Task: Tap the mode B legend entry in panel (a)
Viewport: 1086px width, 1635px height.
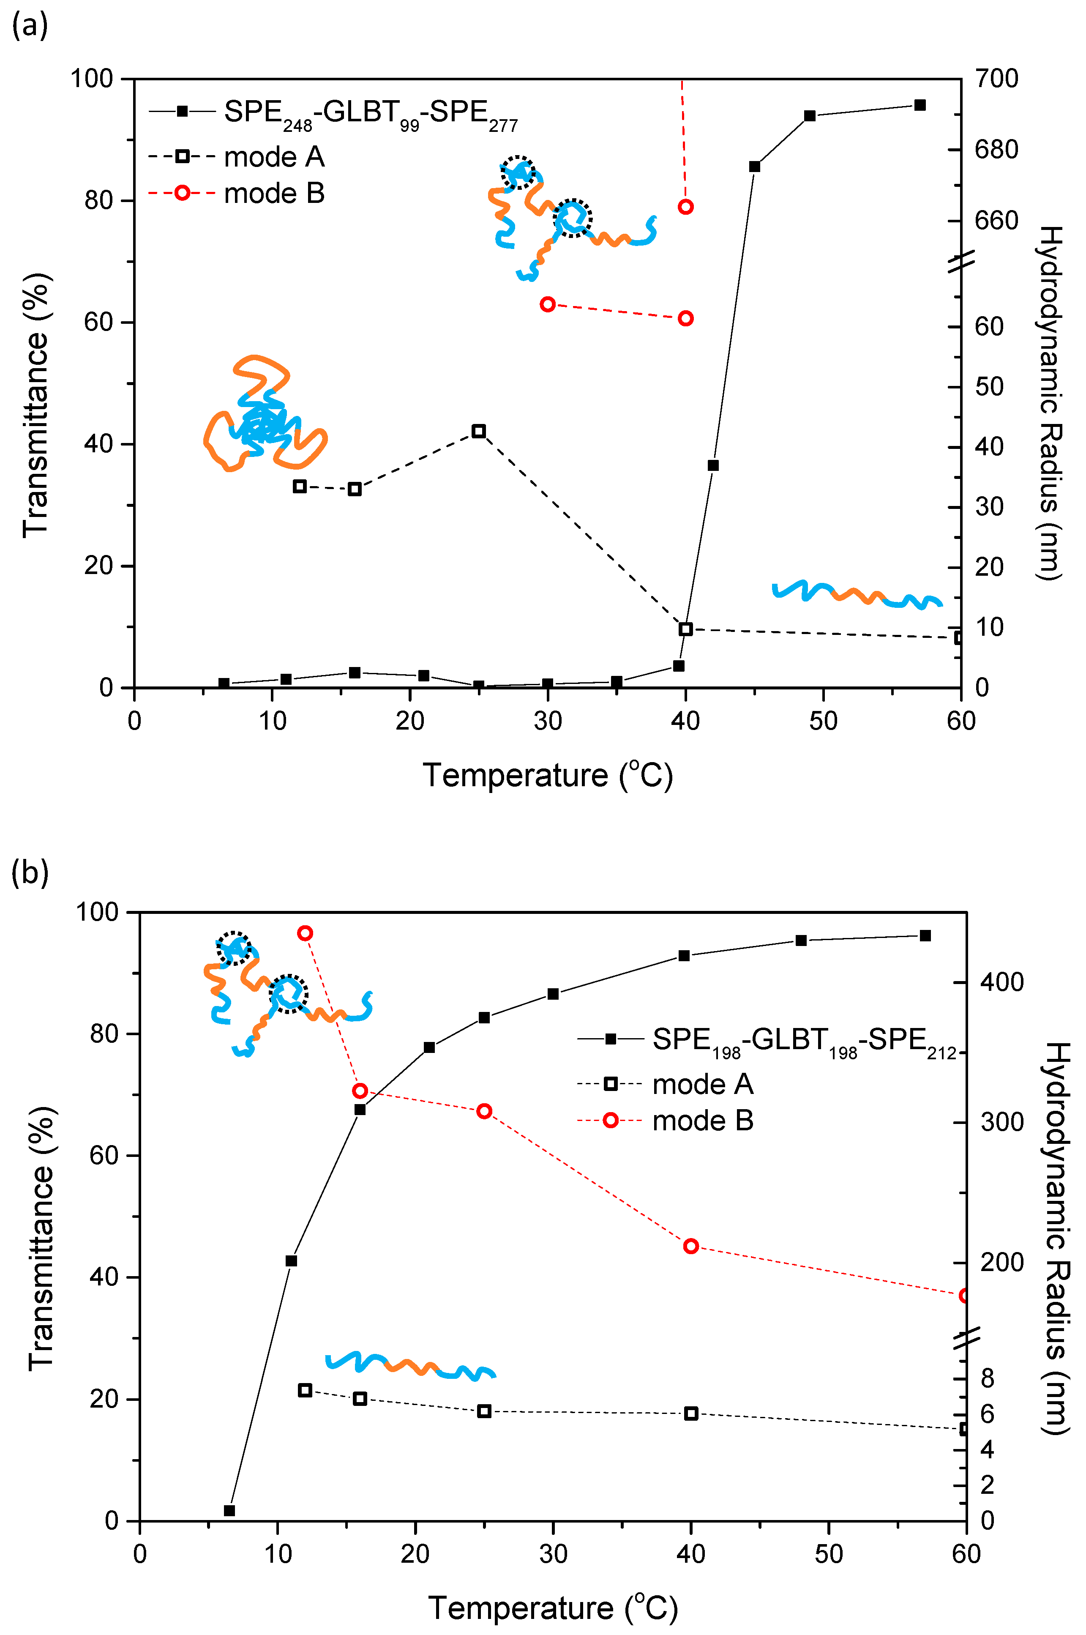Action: tap(273, 193)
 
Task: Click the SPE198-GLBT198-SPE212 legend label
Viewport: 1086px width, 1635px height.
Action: tap(803, 1041)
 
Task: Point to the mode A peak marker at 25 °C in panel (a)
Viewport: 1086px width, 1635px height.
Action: tap(478, 431)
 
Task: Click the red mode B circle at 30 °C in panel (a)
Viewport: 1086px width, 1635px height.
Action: tap(547, 304)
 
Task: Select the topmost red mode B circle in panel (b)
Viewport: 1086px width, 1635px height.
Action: tap(305, 933)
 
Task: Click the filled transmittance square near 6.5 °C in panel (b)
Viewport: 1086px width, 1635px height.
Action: tap(229, 1510)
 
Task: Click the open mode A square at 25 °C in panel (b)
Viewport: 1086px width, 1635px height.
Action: tap(484, 1411)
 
